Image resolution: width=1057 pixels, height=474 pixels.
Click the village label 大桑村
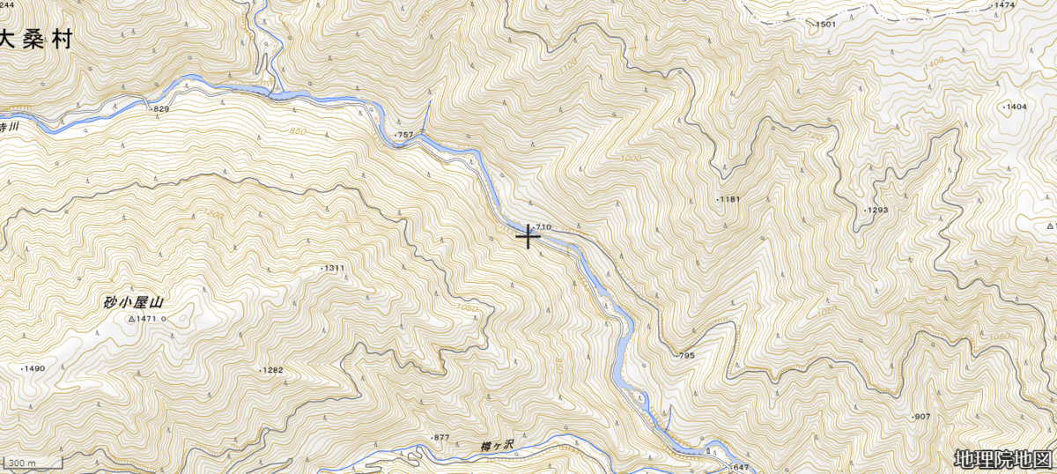coord(34,40)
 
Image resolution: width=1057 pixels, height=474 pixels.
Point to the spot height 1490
coord(33,368)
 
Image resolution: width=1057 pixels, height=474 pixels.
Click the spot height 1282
coord(271,370)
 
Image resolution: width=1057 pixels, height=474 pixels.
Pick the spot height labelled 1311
coord(332,268)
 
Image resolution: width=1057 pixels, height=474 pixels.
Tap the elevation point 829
coord(159,108)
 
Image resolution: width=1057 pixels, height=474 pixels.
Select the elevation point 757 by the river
coord(404,135)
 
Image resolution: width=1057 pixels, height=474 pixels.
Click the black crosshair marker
coord(528,236)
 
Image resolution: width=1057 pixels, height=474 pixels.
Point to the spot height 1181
coord(729,200)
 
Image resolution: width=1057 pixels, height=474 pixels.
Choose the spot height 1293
coord(875,210)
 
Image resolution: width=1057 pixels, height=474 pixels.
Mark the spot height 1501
coord(824,25)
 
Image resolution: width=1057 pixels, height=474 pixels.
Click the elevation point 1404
coord(1015,107)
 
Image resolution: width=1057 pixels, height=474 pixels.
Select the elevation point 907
coord(920,416)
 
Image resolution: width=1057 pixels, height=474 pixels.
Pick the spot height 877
coord(440,438)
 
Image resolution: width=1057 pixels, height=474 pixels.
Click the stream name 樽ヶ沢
coord(499,447)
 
